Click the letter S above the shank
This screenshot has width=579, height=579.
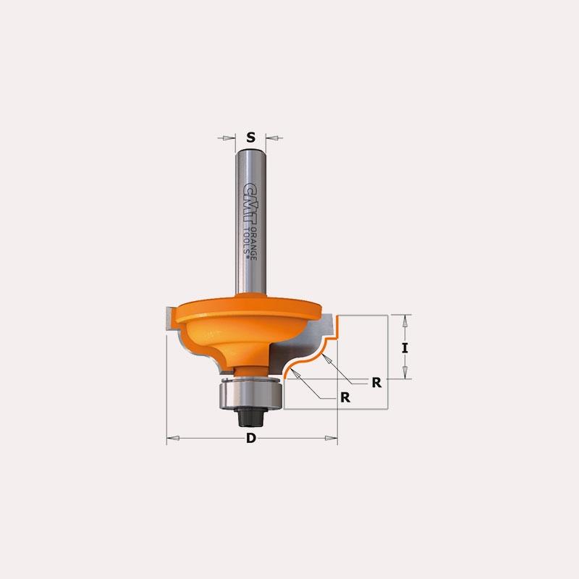coord(250,138)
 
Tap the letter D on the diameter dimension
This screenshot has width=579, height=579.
coord(251,438)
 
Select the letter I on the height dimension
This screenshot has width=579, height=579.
coord(405,348)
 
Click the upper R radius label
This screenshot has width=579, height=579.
coord(376,383)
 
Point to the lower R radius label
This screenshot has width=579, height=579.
coord(345,397)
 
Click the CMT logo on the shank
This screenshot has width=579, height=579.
coord(250,204)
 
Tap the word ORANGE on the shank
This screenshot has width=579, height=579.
coord(254,243)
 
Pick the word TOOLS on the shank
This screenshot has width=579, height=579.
coord(246,240)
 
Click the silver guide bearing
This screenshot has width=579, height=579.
coord(251,394)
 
